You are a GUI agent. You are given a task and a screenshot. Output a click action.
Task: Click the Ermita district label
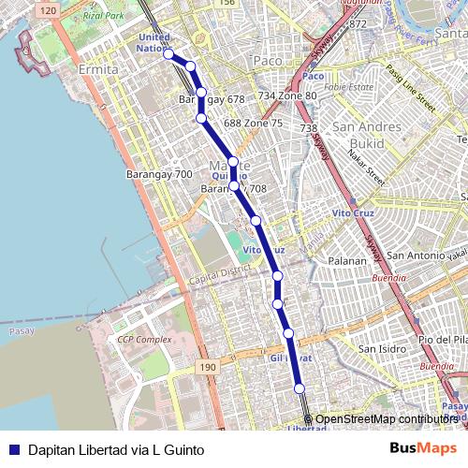(99, 70)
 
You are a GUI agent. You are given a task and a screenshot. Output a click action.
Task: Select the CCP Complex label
(139, 338)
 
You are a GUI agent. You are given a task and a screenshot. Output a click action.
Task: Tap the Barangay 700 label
(159, 174)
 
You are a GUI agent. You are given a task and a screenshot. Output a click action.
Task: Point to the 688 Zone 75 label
(253, 124)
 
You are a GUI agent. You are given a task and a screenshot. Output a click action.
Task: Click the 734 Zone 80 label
(287, 96)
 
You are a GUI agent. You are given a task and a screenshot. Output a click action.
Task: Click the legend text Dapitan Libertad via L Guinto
(116, 450)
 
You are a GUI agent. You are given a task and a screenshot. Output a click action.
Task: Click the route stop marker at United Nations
(169, 54)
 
